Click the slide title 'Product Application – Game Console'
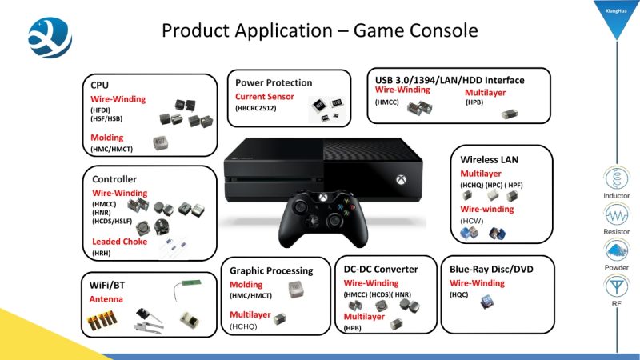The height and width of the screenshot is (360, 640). click(319, 30)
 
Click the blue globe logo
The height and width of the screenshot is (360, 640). click(50, 38)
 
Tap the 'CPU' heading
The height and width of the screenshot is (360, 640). click(99, 86)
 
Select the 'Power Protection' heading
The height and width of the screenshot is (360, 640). click(274, 83)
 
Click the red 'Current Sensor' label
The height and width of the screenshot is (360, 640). click(265, 97)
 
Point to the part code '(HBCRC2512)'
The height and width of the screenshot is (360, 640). click(255, 108)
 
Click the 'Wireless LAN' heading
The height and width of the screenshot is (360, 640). click(490, 159)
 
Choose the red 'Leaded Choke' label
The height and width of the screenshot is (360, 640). click(119, 242)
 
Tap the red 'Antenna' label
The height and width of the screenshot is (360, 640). click(106, 299)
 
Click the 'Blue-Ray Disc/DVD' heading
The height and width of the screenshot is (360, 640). click(491, 270)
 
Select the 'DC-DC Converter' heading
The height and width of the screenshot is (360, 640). click(381, 270)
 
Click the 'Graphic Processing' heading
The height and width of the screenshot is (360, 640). click(271, 271)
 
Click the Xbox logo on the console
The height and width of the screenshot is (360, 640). click(401, 179)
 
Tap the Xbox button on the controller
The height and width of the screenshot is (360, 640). click(323, 198)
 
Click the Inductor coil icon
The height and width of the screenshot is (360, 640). click(616, 178)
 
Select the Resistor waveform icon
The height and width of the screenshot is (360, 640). click(616, 214)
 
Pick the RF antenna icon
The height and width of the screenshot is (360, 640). click(616, 286)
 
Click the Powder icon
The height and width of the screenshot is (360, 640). click(616, 250)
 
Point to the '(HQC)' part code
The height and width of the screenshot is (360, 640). click(458, 294)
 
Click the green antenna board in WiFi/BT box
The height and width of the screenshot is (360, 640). click(191, 283)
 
